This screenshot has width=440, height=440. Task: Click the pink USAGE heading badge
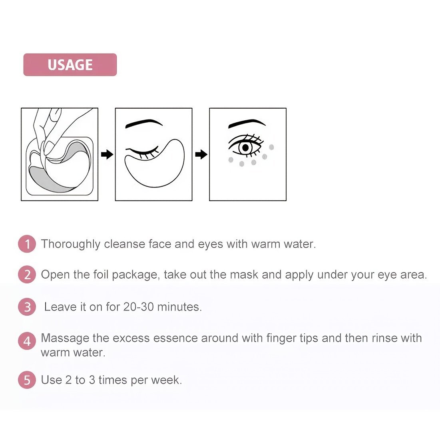tap(70, 64)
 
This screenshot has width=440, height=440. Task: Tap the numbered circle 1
tap(27, 244)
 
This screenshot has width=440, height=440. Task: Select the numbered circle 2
tap(27, 275)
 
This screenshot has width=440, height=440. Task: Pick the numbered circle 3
tap(27, 307)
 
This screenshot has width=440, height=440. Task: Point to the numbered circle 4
tap(27, 341)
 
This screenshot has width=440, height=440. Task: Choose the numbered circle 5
tap(27, 380)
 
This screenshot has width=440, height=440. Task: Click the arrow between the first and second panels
tap(107, 154)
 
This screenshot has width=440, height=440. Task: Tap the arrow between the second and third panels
tap(201, 154)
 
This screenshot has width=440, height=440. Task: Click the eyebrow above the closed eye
tap(144, 123)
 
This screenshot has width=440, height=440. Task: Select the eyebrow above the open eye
tap(247, 123)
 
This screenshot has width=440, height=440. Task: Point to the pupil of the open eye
tap(245, 147)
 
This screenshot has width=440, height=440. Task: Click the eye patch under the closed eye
tap(155, 163)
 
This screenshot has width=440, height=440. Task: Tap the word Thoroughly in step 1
tap(71, 244)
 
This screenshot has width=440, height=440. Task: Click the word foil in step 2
tap(101, 274)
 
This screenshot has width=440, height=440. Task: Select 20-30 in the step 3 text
tap(139, 307)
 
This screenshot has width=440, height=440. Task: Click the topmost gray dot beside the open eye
tap(271, 147)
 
